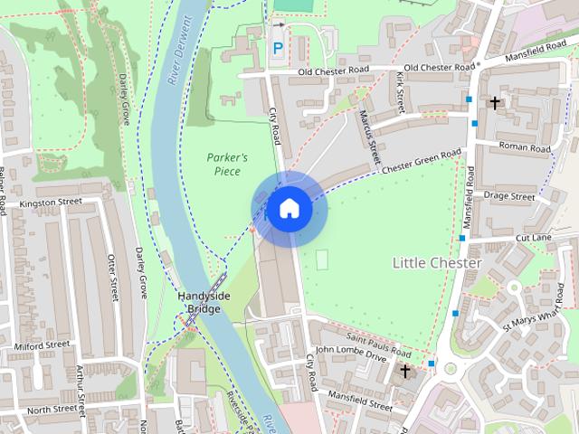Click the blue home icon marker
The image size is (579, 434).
pos(289,209)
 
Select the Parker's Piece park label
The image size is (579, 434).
pos(227,164)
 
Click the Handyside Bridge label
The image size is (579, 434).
pos(204,303)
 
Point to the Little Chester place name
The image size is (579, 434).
pos(437,262)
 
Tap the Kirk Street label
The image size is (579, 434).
pos(399,94)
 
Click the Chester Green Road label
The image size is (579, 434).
pos(422,161)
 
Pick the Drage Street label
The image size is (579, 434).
pos(509,195)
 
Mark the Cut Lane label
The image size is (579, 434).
pos(534,237)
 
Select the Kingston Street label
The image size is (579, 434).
pos(50,204)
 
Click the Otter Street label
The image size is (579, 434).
pos(113,277)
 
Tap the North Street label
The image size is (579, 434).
pos(52,410)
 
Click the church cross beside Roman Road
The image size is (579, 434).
pos(494,103)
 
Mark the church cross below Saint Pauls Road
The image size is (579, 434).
pos(405,370)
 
